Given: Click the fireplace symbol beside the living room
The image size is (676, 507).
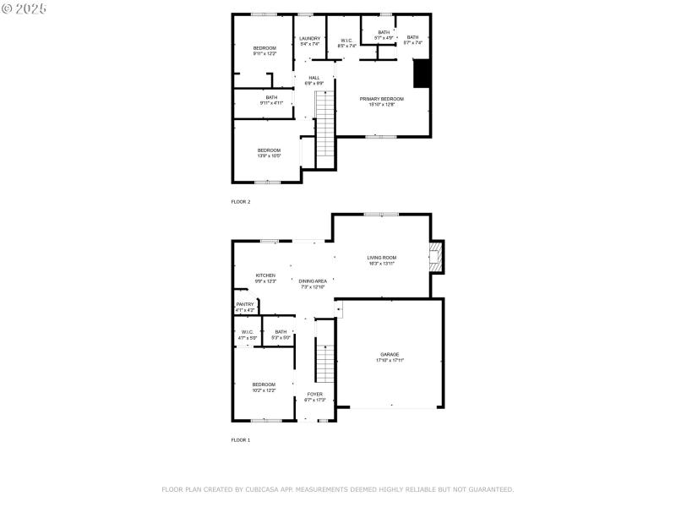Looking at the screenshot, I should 435,257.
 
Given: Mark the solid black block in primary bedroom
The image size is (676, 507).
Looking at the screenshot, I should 421,74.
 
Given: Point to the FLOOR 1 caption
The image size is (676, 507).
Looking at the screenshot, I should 241,440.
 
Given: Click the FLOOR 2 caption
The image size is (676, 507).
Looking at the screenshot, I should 241,202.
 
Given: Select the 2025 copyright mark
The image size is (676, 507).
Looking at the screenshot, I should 25,8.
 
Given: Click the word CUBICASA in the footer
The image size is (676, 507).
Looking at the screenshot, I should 266,489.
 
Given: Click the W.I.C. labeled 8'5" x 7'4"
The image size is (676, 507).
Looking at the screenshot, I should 346,42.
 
